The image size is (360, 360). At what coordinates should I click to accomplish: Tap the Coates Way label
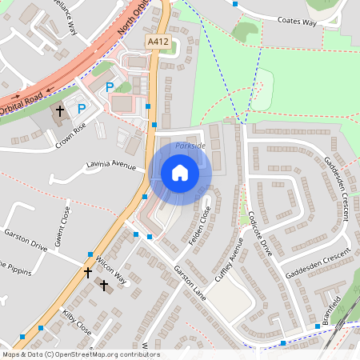point(294,22)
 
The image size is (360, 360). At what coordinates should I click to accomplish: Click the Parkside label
point(190,146)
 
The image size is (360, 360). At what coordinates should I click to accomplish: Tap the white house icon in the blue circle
point(180,173)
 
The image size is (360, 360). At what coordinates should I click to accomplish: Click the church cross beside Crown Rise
point(60,110)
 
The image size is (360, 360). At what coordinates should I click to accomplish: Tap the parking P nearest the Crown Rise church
point(81,107)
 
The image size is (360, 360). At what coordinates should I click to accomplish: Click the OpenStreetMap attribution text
point(81,354)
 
